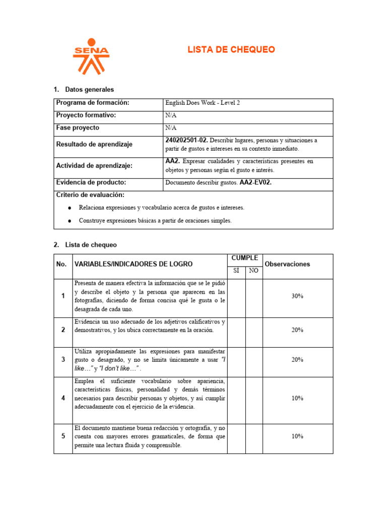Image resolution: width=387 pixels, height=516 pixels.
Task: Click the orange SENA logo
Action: click(x=91, y=56)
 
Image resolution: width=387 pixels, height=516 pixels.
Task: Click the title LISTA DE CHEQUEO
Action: click(x=231, y=49)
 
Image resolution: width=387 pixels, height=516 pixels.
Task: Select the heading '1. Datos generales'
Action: click(x=84, y=90)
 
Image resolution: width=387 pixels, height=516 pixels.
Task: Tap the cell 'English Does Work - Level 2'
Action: click(x=203, y=103)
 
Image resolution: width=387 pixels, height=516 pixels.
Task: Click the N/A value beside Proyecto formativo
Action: click(x=171, y=115)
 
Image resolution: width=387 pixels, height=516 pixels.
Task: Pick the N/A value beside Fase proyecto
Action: click(x=171, y=128)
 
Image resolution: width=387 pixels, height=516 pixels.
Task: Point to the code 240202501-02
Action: click(x=186, y=140)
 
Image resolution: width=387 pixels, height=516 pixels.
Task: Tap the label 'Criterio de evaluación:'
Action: click(x=90, y=195)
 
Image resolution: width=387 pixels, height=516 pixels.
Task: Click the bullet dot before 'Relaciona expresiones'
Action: click(x=69, y=208)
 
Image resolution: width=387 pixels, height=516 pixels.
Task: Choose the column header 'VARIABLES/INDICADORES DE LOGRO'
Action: click(x=133, y=264)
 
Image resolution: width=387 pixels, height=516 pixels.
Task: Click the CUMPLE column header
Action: click(x=245, y=259)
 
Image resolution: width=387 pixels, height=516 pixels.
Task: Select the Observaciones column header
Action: click(x=287, y=264)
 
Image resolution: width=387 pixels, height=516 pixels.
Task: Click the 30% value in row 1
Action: click(x=297, y=297)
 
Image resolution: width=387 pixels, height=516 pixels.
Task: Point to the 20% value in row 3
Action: click(x=297, y=360)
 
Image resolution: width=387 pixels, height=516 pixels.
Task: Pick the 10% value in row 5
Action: click(x=297, y=437)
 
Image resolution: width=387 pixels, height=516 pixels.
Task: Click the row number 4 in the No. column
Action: click(x=63, y=398)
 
